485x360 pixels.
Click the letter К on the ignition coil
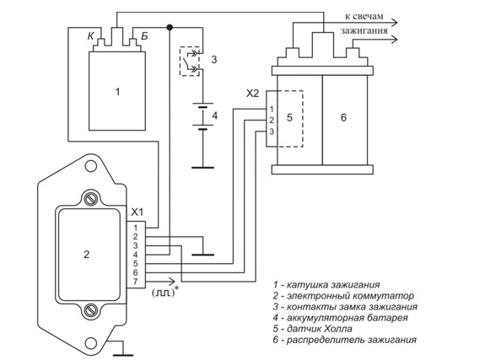(90, 36)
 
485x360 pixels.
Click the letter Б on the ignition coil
(144, 36)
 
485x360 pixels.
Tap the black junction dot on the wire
(170, 28)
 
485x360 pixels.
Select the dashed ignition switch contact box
(190, 62)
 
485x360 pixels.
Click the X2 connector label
(252, 94)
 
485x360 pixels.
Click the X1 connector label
(137, 212)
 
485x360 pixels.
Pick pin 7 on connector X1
(135, 282)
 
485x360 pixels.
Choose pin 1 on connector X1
(135, 228)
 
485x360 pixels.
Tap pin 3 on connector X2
(272, 132)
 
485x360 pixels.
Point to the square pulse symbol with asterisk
(165, 292)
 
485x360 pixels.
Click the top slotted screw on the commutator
(91, 199)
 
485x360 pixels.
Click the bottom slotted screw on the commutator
(91, 309)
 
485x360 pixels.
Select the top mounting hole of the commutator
(91, 166)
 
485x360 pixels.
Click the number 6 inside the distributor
(343, 117)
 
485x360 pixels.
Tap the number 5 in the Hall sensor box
(289, 117)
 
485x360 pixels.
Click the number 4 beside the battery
(214, 116)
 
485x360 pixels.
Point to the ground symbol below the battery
(202, 168)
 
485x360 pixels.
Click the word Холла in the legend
(338, 329)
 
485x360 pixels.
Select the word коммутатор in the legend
(381, 296)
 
